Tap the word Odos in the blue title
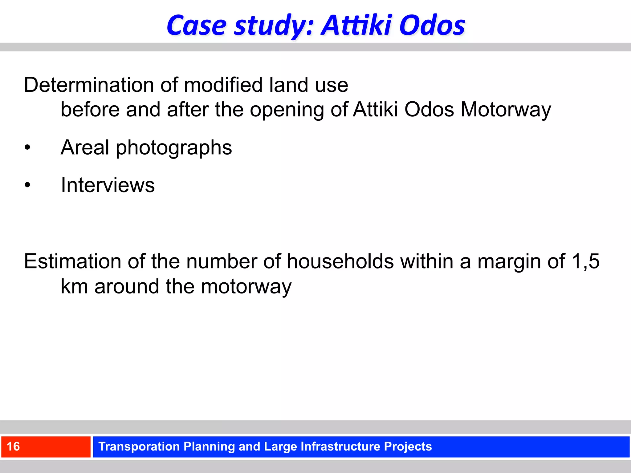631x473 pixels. [432, 25]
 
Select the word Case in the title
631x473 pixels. [197, 25]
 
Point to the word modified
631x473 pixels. [223, 85]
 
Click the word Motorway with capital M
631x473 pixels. [505, 110]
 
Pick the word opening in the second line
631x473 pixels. [287, 110]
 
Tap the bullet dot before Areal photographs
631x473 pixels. [27, 148]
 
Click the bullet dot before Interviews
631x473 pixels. [27, 185]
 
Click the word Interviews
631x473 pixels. [108, 185]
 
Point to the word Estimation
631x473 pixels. [73, 261]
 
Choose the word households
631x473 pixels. [340, 261]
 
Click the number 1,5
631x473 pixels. [585, 261]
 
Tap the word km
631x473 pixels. [74, 287]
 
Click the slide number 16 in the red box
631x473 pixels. [13, 447]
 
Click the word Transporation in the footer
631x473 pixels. [139, 447]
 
